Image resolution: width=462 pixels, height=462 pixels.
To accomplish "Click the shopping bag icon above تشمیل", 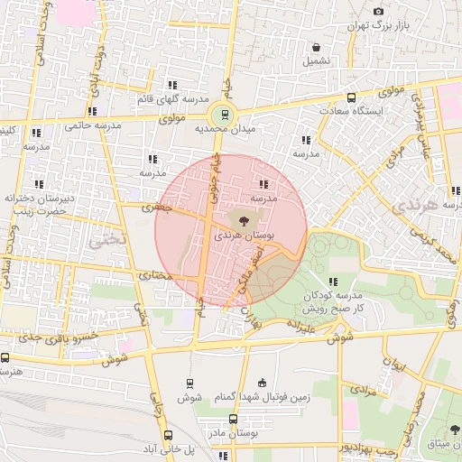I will [x=317, y=48].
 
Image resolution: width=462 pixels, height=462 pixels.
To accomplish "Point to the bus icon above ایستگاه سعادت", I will [x=350, y=97].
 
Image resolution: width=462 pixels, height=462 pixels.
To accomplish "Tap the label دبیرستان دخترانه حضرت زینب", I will [x=36, y=203].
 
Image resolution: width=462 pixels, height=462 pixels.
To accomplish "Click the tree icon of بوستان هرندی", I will [x=241, y=218].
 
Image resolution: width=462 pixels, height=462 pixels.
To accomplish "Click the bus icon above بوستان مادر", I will [x=233, y=420].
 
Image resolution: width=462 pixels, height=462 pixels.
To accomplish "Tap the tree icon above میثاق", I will [x=450, y=430].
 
